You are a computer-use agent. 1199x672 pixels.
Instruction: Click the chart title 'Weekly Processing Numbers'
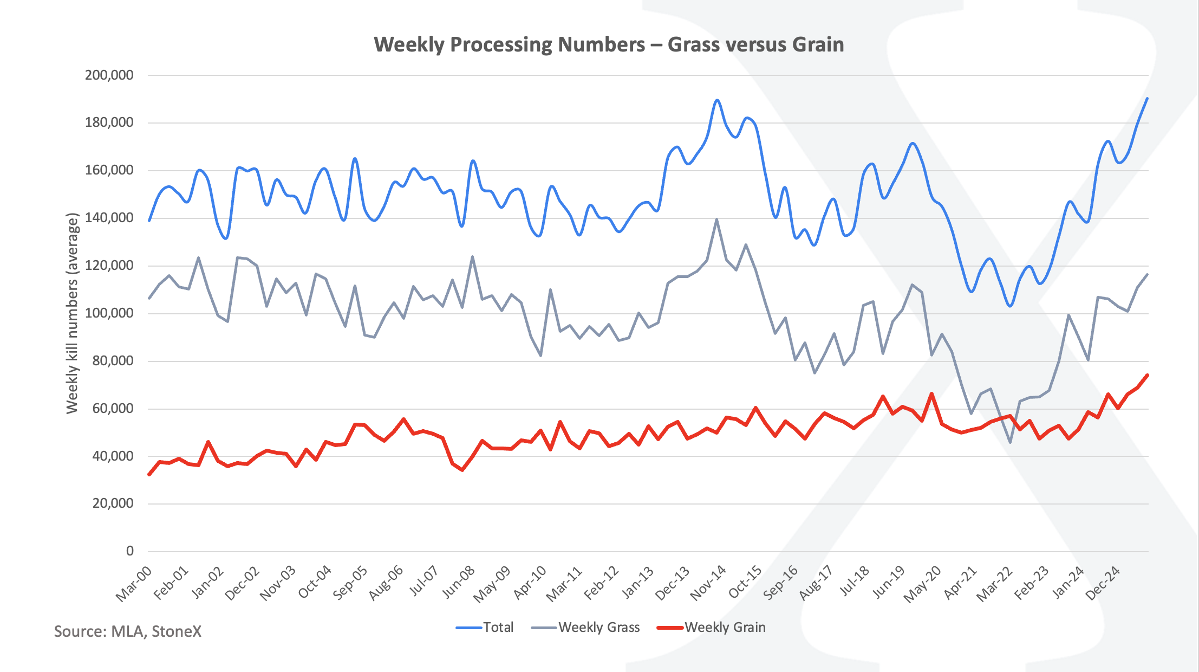pos(609,44)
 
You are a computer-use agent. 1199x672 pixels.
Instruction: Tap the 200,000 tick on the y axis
pos(109,75)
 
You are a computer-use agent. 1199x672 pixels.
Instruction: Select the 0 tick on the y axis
pos(129,551)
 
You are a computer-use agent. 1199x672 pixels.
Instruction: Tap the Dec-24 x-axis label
pos(1103,583)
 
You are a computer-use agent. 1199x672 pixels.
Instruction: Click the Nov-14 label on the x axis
pos(708,583)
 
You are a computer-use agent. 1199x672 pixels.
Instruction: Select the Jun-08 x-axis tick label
pos(458,583)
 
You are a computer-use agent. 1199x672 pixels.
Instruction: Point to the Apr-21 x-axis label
pos(960,583)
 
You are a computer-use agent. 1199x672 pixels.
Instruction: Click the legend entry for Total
pos(485,628)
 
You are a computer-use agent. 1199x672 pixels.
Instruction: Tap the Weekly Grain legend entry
pos(712,628)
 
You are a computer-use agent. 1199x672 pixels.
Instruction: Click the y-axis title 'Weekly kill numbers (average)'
pos(73,313)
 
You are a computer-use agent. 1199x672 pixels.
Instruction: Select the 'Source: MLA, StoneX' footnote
pos(128,631)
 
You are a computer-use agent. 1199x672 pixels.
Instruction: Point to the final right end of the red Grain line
pos(1147,375)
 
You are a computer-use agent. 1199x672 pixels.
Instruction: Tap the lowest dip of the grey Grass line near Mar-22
pos(1010,442)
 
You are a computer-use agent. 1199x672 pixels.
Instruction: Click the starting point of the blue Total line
pos(149,221)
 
